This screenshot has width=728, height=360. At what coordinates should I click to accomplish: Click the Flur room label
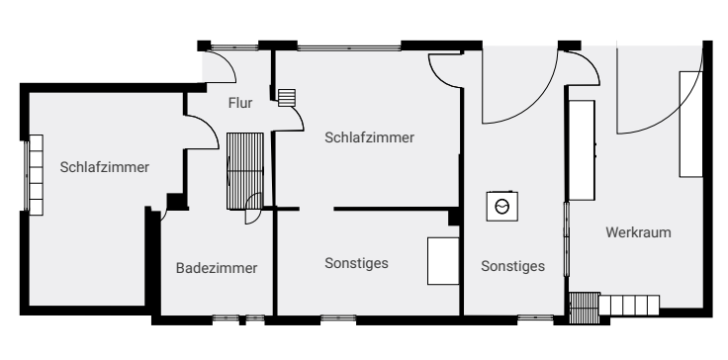(240, 103)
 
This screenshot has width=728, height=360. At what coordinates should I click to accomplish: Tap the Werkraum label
(638, 232)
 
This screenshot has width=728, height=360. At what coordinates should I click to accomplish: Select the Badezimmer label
(217, 268)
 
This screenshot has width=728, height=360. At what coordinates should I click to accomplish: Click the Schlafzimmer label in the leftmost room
(105, 167)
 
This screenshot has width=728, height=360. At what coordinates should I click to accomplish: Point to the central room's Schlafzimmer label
(369, 137)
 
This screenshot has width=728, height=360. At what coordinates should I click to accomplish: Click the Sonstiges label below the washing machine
(512, 266)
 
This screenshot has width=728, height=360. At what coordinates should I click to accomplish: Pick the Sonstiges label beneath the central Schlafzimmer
(356, 263)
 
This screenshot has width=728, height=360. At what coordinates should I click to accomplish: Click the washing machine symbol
(502, 206)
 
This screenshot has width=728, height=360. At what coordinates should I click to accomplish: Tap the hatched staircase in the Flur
(245, 171)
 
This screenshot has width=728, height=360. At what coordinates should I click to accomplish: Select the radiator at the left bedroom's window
(36, 175)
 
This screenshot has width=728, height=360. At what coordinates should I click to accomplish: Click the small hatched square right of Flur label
(287, 98)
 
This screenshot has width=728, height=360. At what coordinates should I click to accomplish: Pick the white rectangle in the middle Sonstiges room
(443, 261)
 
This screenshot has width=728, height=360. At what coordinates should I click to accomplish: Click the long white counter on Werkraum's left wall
(582, 150)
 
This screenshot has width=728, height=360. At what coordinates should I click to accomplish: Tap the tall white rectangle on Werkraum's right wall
(690, 124)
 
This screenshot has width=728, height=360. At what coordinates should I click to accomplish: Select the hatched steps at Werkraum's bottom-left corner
(584, 308)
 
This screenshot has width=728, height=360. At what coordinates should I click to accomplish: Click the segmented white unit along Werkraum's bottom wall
(629, 306)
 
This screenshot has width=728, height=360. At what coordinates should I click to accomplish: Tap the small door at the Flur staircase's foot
(253, 209)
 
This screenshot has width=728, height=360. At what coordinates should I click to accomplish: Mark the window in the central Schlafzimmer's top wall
(349, 46)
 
